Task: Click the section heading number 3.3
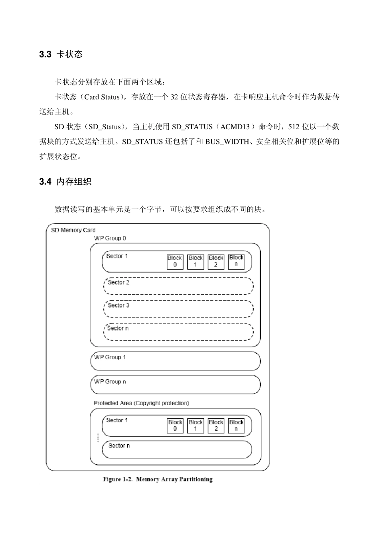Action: coord(45,55)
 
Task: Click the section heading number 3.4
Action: coord(45,182)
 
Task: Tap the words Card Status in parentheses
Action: coord(102,97)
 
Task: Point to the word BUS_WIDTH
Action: coord(227,142)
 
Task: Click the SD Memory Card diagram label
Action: coord(73,230)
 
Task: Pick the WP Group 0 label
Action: coord(110,238)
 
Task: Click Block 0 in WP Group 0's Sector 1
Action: coord(175,262)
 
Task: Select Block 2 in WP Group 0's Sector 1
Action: coord(216,262)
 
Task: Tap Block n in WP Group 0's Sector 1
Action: coord(236,261)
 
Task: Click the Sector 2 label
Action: coord(118,283)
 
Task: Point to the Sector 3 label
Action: coord(118,305)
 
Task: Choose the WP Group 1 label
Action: coord(110,357)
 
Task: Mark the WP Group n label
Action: coord(110,382)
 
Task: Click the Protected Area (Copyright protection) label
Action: coord(141,403)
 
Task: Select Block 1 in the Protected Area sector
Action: coord(195,426)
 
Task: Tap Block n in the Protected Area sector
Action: coord(236,426)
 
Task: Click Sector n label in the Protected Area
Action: coord(119,445)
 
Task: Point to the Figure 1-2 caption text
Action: coord(158,479)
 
